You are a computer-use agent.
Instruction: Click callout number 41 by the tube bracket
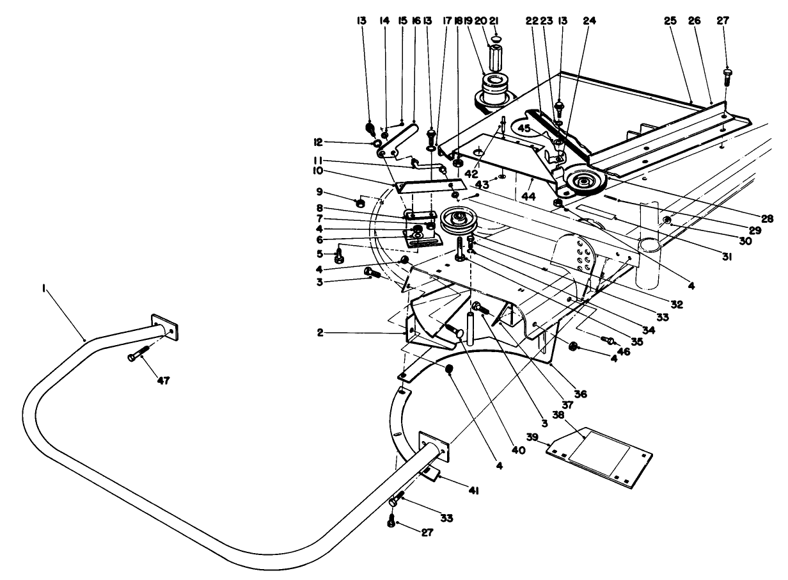(474, 491)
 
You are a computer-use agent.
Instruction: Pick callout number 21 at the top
(494, 21)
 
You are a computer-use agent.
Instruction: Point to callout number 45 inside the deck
(524, 127)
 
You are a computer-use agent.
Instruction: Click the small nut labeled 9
(360, 204)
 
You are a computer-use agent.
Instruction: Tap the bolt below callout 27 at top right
(727, 79)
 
